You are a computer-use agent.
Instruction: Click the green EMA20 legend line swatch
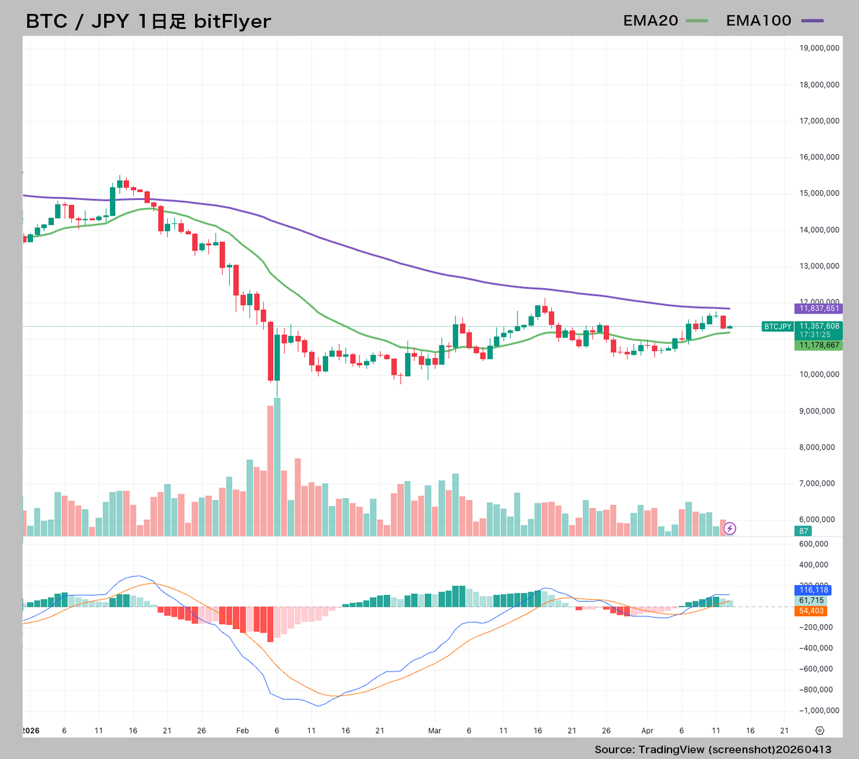[696, 21]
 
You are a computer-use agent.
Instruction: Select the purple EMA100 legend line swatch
[812, 21]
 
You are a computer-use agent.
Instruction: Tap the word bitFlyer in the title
[232, 21]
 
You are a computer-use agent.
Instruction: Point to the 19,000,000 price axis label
[819, 48]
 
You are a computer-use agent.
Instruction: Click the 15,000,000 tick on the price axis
[819, 194]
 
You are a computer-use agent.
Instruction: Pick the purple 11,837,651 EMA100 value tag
[818, 308]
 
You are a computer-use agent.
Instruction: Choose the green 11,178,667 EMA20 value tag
[818, 345]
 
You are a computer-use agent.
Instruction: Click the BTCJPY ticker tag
[777, 327]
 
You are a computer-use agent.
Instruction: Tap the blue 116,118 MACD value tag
[813, 590]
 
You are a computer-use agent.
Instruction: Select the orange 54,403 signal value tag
[811, 611]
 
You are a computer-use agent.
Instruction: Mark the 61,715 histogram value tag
[811, 600]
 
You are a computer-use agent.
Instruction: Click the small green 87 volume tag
[803, 531]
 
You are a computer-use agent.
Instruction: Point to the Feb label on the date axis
[243, 731]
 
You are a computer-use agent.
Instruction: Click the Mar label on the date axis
[435, 731]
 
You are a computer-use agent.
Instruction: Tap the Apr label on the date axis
[647, 731]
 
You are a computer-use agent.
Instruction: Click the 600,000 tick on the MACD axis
[813, 544]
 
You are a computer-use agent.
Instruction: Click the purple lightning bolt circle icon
[730, 528]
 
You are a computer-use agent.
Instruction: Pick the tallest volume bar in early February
[277, 466]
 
